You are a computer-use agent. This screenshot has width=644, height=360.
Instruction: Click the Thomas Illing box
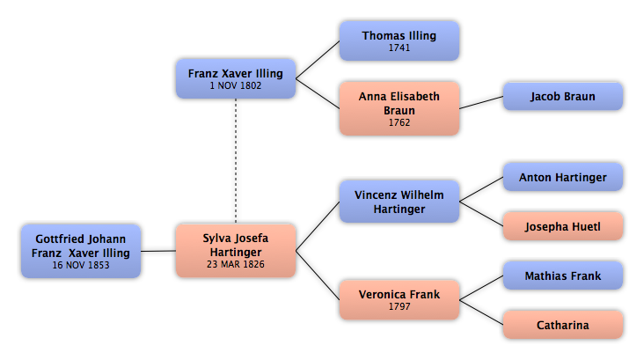pos(399,41)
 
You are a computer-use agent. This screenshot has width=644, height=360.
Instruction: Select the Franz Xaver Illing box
pos(236,78)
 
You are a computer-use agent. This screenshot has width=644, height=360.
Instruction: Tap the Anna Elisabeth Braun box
pos(399,108)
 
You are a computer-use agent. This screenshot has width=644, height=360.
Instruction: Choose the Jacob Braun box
pos(563,96)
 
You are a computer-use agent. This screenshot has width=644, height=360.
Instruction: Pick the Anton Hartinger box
pos(563,177)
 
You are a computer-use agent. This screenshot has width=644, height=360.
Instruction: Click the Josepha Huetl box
pos(563,226)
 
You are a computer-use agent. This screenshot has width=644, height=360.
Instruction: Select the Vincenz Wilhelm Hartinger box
pos(399,202)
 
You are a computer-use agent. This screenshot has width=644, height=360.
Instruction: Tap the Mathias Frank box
pos(563,276)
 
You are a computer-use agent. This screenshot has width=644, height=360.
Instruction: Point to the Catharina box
pos(563,325)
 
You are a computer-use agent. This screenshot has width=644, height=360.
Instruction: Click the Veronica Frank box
pos(399,300)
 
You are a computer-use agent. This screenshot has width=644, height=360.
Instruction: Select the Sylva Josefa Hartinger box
pos(236,251)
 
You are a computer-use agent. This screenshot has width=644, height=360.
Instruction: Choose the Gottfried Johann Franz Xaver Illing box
pos(81,251)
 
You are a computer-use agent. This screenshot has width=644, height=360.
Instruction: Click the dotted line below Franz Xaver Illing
pos(236,161)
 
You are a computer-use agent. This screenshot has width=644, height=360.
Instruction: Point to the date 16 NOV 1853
pos(81,265)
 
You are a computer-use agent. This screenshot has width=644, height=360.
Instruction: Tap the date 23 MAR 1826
pos(236,264)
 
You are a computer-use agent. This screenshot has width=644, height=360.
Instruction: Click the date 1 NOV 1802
pos(236,85)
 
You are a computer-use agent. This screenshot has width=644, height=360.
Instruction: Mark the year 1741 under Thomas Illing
pos(399,48)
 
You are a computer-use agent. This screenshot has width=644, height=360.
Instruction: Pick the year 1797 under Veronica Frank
pos(399,306)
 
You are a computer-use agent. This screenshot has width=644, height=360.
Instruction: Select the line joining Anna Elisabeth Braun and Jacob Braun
pos(481,103)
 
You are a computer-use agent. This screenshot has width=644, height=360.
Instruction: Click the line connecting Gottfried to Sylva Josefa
pos(158,251)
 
